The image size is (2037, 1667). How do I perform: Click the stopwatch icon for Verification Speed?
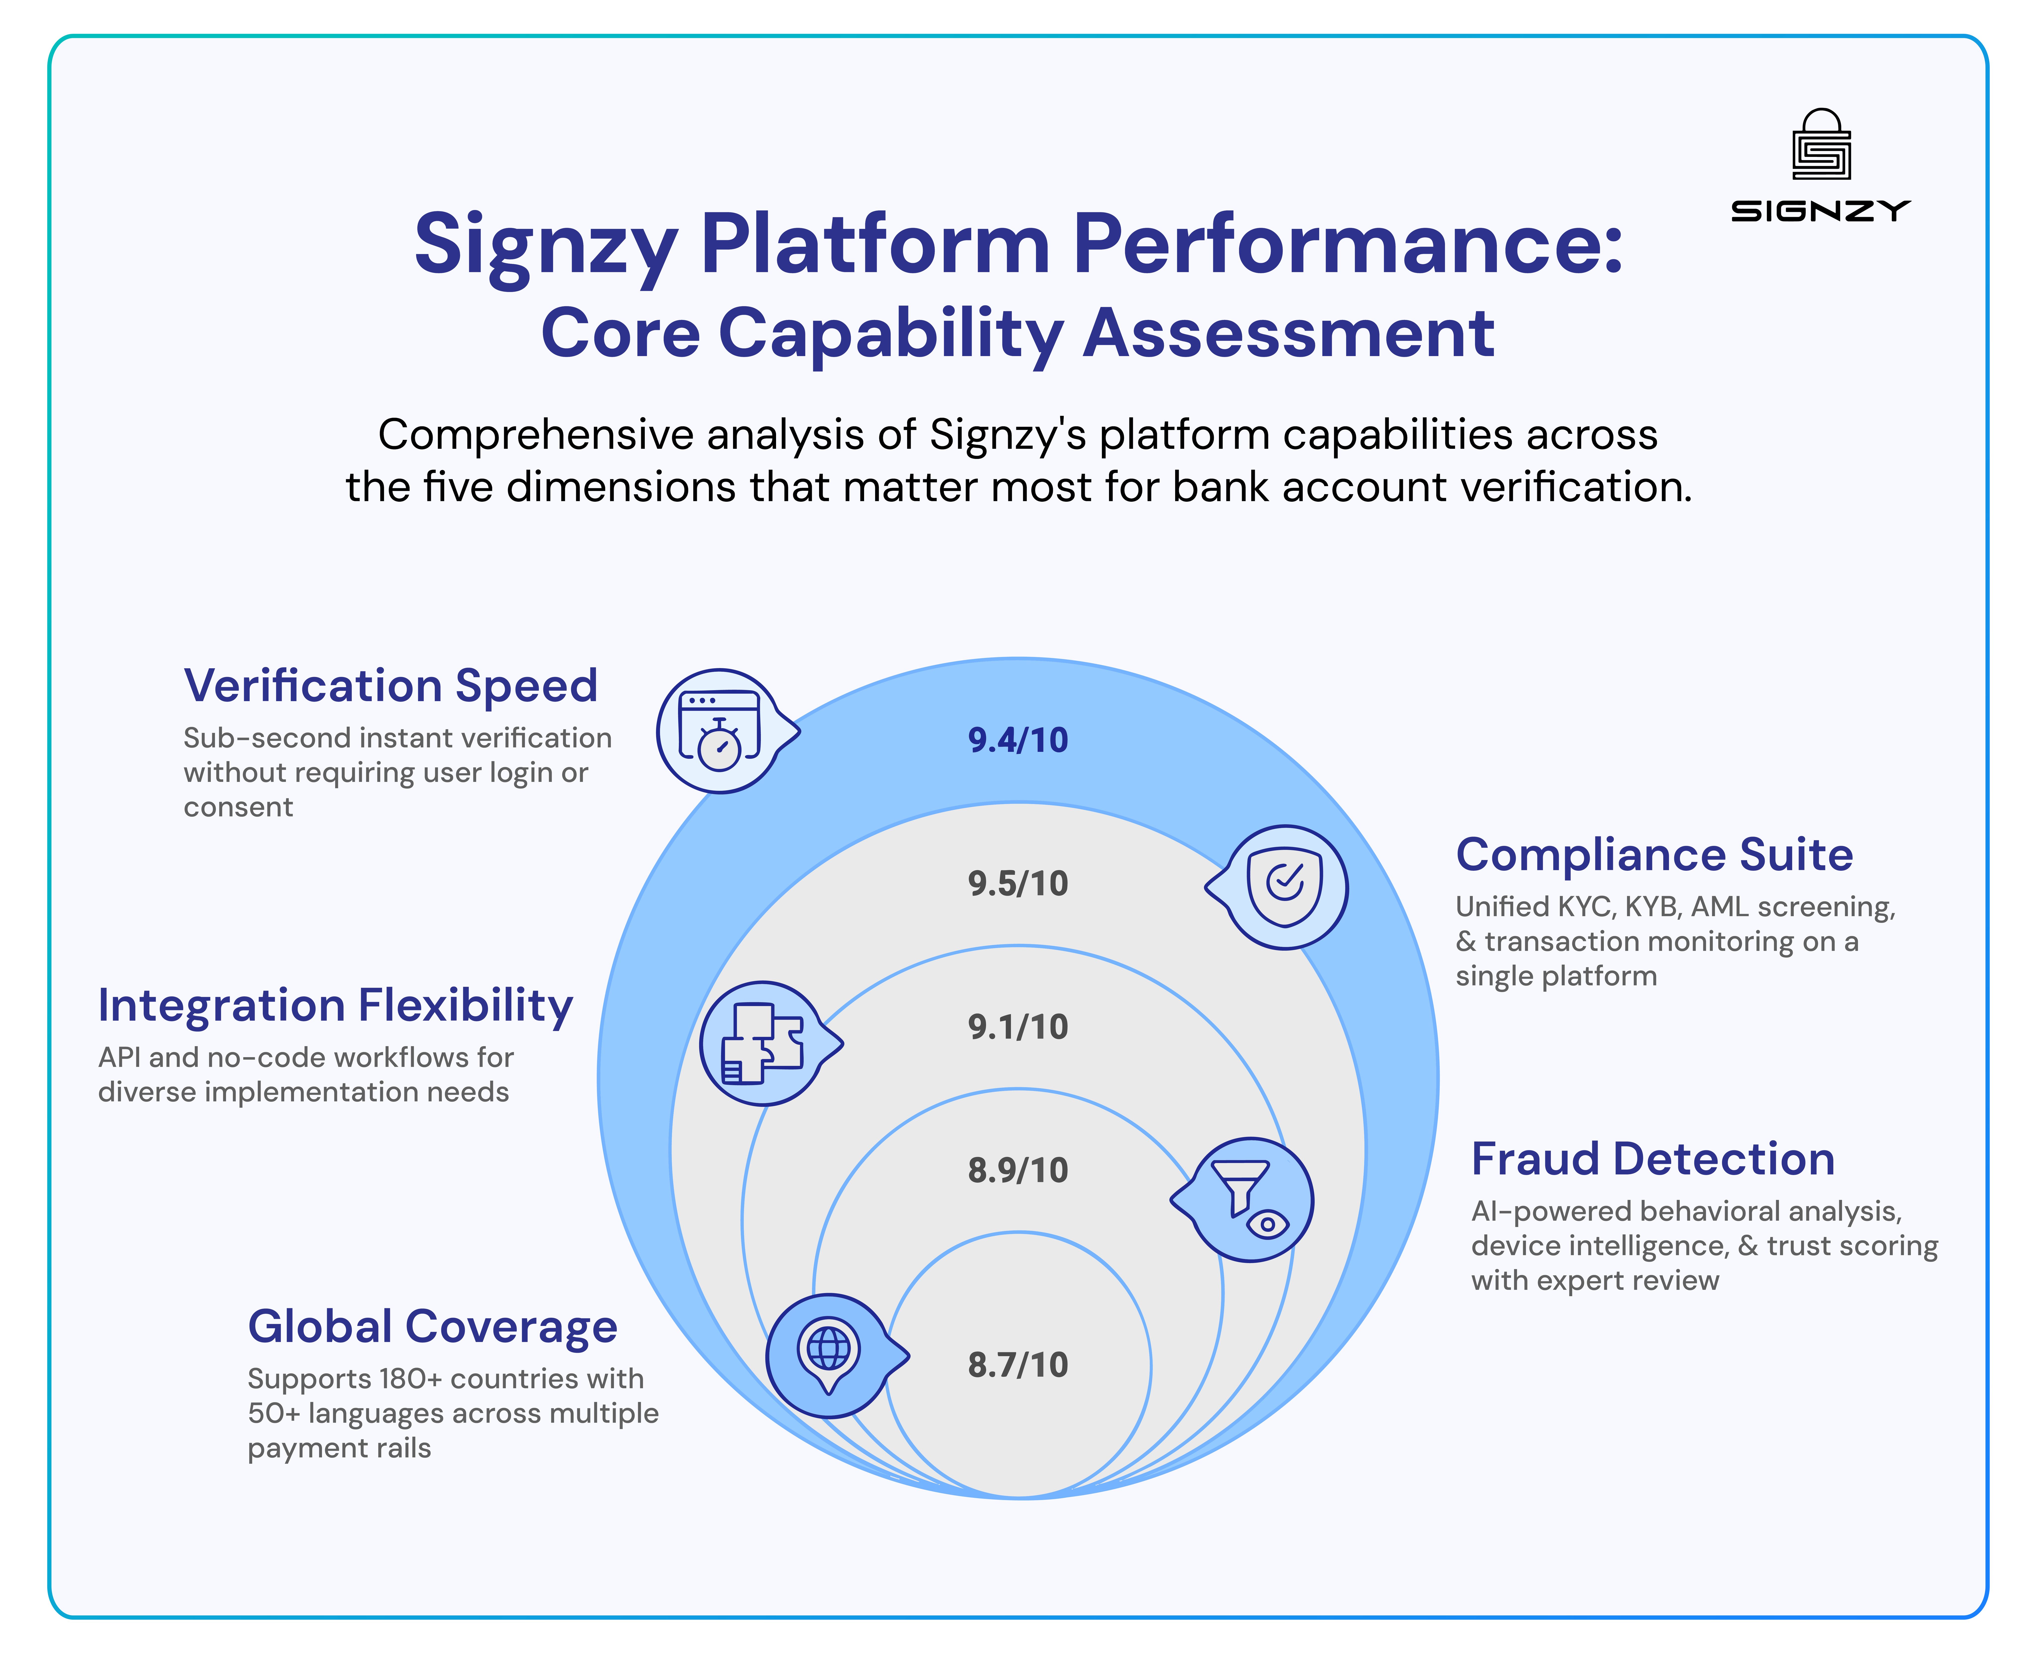click(x=719, y=732)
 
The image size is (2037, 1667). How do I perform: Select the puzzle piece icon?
click(x=763, y=1044)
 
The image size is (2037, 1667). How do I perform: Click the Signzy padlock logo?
click(x=1821, y=146)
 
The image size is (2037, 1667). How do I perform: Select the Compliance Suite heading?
click(x=1654, y=855)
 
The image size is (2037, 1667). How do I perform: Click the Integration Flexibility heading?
click(x=335, y=1005)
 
